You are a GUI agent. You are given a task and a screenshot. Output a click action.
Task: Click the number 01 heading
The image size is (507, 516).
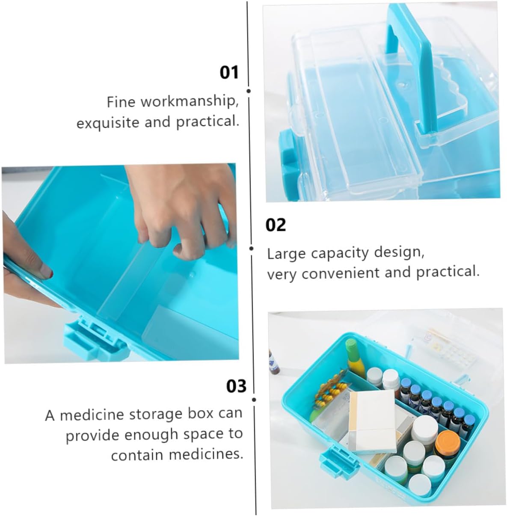(229, 73)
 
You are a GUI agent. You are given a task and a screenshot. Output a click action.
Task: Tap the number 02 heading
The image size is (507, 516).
(276, 225)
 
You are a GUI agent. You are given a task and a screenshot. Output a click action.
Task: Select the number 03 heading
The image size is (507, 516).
(236, 386)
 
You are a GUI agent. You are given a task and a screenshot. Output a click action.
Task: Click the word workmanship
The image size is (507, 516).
(190, 101)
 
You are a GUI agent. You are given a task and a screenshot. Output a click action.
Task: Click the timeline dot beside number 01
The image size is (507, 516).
(248, 91)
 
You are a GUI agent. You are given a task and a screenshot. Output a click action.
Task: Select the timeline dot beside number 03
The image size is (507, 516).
(254, 400)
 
